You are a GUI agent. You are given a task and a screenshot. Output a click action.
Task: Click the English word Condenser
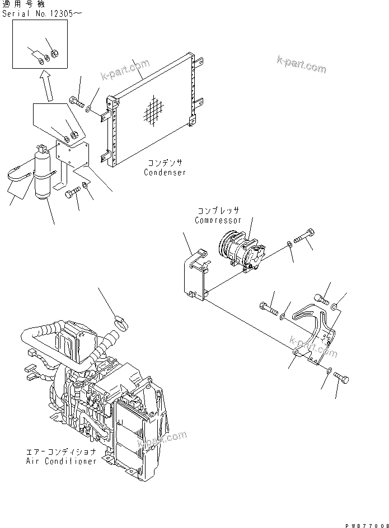pyautogui.click(x=165, y=173)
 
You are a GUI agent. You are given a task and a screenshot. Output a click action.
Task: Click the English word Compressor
pyautogui.click(x=217, y=220)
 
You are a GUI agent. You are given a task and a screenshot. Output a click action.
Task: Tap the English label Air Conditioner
pyautogui.click(x=61, y=461)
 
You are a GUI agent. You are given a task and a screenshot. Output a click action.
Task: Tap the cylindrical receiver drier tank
pyautogui.click(x=42, y=174)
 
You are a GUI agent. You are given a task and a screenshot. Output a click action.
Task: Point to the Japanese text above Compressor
pyautogui.click(x=218, y=211)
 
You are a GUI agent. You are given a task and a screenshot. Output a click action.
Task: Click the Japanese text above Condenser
pyautogui.click(x=165, y=163)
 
